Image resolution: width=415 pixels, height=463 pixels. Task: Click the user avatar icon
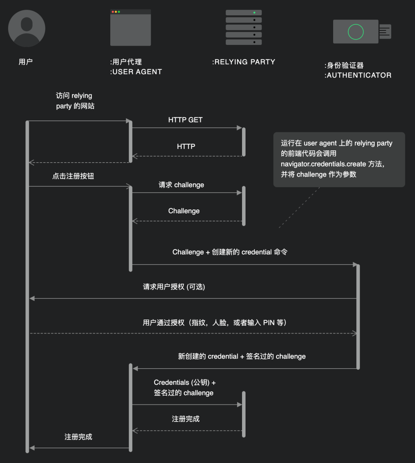[x=27, y=28]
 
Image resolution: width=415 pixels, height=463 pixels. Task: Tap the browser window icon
[x=130, y=28]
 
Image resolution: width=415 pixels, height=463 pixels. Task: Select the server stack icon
[x=244, y=27]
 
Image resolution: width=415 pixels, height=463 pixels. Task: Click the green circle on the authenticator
[x=355, y=32]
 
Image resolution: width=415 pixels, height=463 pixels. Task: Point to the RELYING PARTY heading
[x=244, y=62]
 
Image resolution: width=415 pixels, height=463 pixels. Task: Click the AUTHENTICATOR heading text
[x=358, y=75]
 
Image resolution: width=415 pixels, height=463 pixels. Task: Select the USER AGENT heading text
[x=136, y=72]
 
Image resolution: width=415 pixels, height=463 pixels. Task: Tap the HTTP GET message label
[x=185, y=120]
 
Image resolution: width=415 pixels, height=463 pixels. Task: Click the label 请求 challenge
[x=181, y=185]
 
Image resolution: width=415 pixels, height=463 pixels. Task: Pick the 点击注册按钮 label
[x=73, y=176]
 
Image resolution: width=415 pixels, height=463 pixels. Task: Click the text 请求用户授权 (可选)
[x=174, y=287]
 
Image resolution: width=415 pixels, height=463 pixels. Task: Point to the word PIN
[x=269, y=323]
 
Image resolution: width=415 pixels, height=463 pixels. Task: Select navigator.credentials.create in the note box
[x=323, y=164]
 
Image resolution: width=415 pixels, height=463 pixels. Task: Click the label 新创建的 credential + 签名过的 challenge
[x=242, y=356]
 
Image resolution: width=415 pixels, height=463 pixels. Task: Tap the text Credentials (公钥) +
[x=184, y=382]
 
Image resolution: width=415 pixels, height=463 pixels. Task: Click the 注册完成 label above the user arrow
[x=78, y=437]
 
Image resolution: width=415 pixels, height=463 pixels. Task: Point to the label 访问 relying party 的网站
[x=75, y=101]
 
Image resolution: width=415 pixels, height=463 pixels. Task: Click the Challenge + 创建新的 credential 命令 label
[x=230, y=252]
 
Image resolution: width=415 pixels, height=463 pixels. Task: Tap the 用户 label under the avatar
[x=26, y=62]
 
